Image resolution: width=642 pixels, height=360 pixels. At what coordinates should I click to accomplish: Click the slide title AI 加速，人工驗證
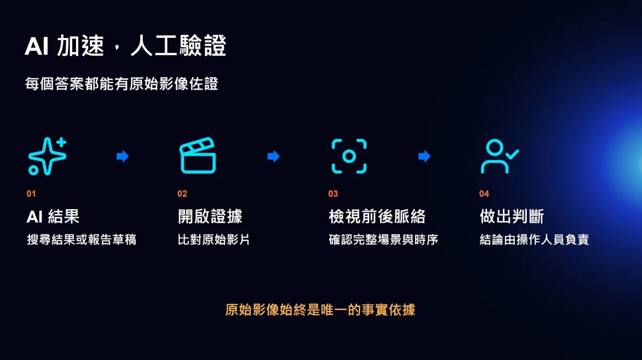[x=126, y=45]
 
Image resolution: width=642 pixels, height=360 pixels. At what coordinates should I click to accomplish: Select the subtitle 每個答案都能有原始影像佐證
[x=121, y=83]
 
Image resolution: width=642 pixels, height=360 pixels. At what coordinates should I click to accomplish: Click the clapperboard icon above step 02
[x=198, y=156]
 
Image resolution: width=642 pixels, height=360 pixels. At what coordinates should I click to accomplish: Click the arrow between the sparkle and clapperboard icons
[x=123, y=156]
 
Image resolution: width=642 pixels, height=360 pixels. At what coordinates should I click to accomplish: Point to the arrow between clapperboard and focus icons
[x=273, y=156]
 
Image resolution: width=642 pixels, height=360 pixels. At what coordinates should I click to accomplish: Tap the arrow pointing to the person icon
[x=424, y=156]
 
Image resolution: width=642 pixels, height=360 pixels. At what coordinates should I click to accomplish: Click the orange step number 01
[x=31, y=194]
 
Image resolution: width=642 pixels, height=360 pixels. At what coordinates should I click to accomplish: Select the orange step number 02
[x=182, y=194]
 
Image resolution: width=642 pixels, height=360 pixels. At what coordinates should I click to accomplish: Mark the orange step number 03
[x=333, y=194]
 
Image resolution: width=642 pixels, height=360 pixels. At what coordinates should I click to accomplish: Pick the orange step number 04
[x=484, y=194]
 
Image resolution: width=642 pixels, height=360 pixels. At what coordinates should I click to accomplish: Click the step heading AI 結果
[x=53, y=216]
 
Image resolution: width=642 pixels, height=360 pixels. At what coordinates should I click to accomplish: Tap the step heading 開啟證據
[x=210, y=216]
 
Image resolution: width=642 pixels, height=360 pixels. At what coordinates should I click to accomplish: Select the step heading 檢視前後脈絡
[x=377, y=216]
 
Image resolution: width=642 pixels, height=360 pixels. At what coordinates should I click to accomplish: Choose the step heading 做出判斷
[x=512, y=216]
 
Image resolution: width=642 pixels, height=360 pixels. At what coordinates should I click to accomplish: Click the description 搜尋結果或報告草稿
[x=81, y=240]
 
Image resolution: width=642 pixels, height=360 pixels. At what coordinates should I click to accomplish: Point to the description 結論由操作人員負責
[x=534, y=240]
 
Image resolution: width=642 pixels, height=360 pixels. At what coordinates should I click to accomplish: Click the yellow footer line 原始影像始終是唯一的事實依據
[x=320, y=310]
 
